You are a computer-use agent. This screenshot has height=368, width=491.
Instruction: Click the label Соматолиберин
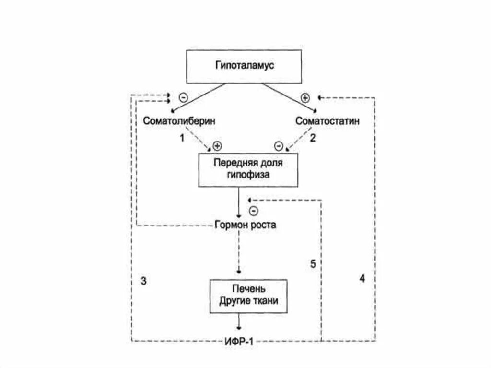[x=179, y=121]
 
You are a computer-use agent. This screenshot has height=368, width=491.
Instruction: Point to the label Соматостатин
[x=327, y=121]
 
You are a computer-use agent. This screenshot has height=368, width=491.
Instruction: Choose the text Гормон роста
[x=245, y=225]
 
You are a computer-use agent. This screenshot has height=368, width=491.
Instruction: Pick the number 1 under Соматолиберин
[x=182, y=139]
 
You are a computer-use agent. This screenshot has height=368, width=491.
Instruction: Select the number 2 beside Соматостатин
[x=313, y=139]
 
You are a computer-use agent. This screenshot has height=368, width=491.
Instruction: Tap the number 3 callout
[x=143, y=281]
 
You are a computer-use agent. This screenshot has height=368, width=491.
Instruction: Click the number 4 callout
[x=362, y=278]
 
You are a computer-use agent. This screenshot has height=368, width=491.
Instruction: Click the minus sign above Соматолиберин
[x=183, y=96]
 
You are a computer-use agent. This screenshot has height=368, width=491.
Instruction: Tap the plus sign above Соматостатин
[x=305, y=98]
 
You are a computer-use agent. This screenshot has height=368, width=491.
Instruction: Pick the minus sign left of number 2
[x=278, y=145]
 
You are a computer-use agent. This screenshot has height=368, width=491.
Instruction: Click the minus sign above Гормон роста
[x=254, y=210]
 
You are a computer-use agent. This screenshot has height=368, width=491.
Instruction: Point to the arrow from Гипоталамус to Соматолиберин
[x=197, y=98]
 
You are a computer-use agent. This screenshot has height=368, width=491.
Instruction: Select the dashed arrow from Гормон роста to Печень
[x=239, y=252]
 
